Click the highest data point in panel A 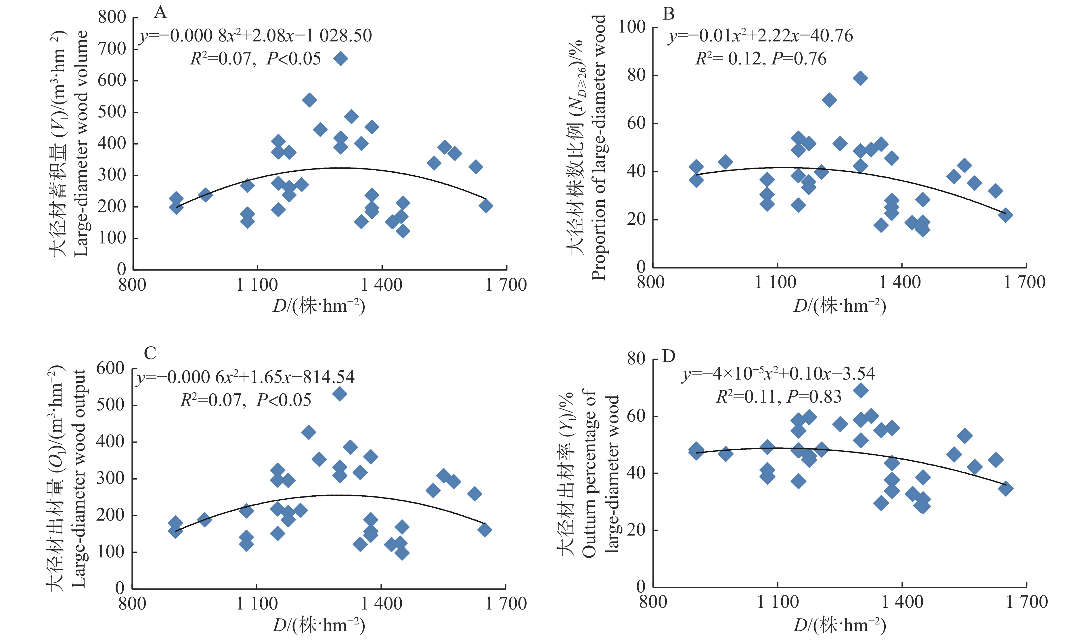[340, 59]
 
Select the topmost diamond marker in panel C [340, 394]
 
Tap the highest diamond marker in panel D [860, 391]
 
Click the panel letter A [160, 13]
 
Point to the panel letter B [668, 14]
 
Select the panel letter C [150, 353]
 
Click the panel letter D [668, 357]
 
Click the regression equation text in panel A [255, 35]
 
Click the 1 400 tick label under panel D [902, 602]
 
